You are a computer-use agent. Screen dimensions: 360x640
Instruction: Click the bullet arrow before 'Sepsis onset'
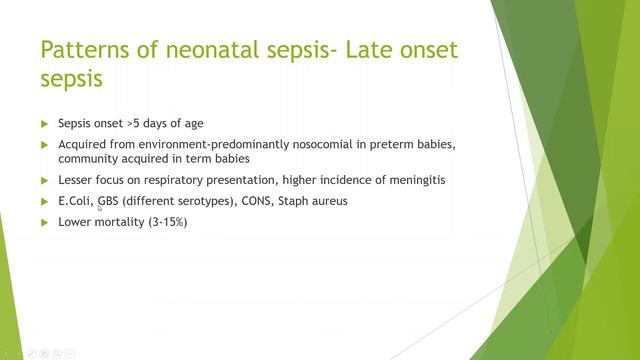(44, 124)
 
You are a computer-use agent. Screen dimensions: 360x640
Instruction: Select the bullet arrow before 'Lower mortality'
(44, 222)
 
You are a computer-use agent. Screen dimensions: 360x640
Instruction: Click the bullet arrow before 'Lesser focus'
(44, 180)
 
